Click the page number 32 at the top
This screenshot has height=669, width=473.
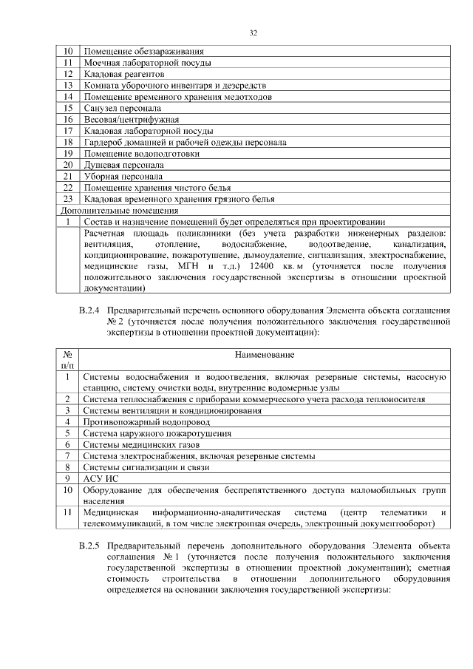[x=252, y=33]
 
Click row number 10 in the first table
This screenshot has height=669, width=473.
[x=67, y=52]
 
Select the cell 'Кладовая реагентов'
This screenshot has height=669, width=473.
[x=123, y=74]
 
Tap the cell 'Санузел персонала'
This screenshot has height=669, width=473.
[x=122, y=107]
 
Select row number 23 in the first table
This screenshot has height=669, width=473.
[x=67, y=198]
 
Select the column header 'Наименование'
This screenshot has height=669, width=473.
[x=263, y=356]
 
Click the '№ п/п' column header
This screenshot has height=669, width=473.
[x=67, y=360]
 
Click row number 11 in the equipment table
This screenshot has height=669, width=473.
[x=67, y=512]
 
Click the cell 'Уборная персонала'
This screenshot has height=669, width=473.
[x=123, y=176]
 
